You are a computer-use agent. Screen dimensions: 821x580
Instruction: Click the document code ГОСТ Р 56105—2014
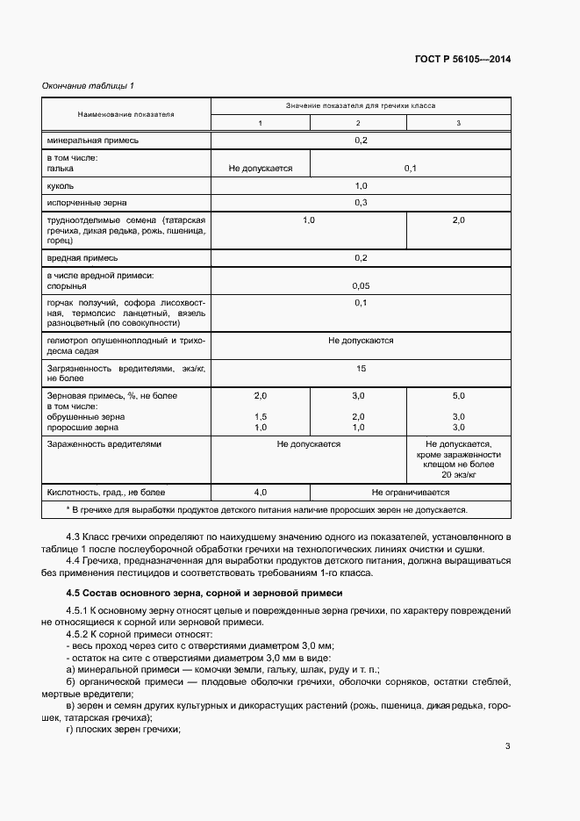pos(462,60)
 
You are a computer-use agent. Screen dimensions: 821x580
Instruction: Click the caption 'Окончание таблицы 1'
pos(88,85)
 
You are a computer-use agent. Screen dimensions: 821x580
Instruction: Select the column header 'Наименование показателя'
pos(126,114)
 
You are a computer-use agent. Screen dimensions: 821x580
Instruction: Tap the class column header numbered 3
pos(458,123)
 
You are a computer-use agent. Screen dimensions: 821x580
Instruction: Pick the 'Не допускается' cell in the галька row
pos(260,167)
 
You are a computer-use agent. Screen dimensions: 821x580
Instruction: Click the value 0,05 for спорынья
pos(360,285)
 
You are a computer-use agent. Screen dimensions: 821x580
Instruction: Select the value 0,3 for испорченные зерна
pos(360,203)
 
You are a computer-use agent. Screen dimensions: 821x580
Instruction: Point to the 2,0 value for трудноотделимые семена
pos(458,220)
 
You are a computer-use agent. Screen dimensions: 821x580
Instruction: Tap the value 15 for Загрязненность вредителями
pos(361,369)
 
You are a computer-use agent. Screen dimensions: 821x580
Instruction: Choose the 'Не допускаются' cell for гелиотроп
pos(361,340)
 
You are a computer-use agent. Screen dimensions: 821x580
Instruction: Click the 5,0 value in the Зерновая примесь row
pos(458,396)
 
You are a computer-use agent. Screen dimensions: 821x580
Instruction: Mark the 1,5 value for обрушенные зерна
pos(260,416)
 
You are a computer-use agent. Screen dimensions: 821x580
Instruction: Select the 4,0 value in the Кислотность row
pos(260,493)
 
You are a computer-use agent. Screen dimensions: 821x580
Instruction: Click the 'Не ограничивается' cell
pos(409,493)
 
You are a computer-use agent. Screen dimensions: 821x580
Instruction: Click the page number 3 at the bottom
pos(507,747)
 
